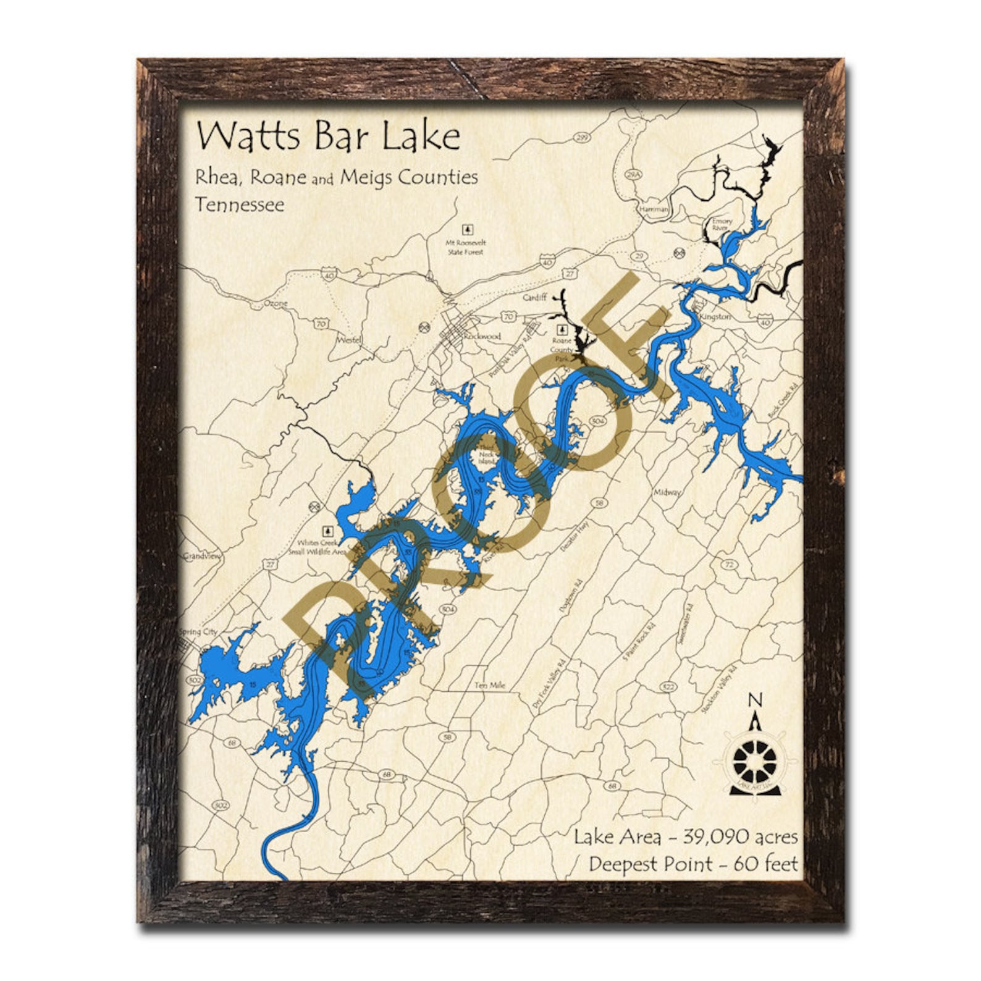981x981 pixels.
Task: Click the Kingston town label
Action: click(x=715, y=316)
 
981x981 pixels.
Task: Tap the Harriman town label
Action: click(x=654, y=209)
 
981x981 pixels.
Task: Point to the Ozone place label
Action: click(x=276, y=303)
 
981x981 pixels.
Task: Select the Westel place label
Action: click(x=348, y=340)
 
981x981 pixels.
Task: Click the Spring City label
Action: click(x=198, y=632)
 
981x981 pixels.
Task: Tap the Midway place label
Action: click(x=667, y=492)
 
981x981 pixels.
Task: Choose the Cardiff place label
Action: click(x=535, y=297)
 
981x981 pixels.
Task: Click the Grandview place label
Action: click(x=201, y=556)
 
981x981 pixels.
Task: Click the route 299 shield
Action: click(x=581, y=137)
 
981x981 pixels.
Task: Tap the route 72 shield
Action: click(x=730, y=564)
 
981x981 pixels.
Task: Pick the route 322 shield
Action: click(x=668, y=686)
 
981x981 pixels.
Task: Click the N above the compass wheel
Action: click(x=754, y=700)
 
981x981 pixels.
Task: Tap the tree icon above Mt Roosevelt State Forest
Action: click(x=469, y=230)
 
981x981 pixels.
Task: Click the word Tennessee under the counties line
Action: click(x=240, y=204)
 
